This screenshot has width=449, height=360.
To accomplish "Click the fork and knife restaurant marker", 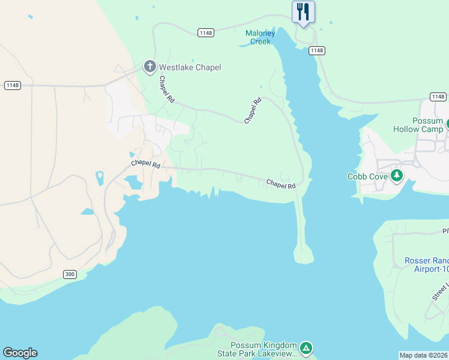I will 303,11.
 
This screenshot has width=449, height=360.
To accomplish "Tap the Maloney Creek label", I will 261,37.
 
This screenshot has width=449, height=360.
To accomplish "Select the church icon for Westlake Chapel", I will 149,67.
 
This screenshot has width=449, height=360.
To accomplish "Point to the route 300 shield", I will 70,274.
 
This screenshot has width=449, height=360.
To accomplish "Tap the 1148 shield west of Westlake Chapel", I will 12,85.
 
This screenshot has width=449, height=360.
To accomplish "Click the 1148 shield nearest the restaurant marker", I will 317,50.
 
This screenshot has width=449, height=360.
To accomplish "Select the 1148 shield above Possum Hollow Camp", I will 438,97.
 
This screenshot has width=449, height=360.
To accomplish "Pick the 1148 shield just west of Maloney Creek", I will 205,32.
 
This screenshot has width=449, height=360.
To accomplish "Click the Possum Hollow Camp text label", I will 418,125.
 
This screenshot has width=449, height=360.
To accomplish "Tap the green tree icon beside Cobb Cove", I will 396,176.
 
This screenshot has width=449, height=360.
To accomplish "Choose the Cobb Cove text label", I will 366,176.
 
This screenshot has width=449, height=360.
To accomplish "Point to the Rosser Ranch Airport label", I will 426,265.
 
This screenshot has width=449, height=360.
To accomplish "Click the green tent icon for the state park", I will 306,347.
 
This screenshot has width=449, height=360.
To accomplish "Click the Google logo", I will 20,353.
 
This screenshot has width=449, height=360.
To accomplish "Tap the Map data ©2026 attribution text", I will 424,355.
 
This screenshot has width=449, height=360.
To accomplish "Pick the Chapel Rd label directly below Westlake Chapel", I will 166,89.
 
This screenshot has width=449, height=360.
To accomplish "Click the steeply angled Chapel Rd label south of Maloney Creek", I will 253,111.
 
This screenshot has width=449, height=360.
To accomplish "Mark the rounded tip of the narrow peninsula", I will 304,258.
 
